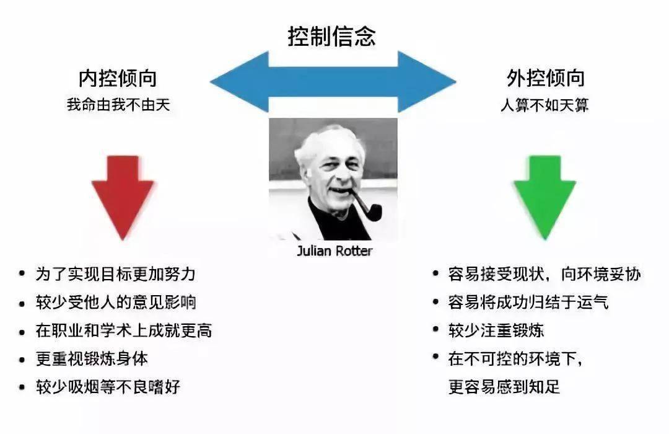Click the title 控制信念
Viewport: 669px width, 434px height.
point(331,36)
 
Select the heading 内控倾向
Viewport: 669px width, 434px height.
point(118,78)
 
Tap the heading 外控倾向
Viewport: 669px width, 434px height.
point(545,78)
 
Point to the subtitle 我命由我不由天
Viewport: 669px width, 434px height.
point(118,105)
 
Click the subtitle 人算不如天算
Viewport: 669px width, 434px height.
point(545,105)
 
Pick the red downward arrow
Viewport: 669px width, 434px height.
point(123,198)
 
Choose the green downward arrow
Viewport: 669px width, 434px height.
point(545,198)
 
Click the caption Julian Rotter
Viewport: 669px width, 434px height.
point(334,250)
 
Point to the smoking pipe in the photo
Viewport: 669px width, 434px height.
point(366,207)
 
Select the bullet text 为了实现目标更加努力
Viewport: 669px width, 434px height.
point(116,274)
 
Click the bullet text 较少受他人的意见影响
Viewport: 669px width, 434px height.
point(116,303)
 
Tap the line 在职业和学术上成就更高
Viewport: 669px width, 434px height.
point(124,330)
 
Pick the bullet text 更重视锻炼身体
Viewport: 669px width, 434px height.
point(92,359)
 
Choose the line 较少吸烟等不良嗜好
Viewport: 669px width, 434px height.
point(108,387)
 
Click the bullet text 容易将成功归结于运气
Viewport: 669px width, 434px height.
point(528,302)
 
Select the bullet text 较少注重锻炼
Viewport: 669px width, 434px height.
point(496,330)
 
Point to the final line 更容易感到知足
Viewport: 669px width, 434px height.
point(504,387)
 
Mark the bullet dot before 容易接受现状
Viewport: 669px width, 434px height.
point(435,273)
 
